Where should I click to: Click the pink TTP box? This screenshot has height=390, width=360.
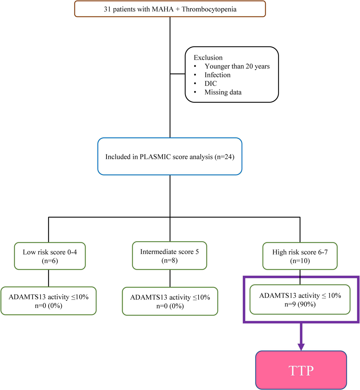(x=301, y=370)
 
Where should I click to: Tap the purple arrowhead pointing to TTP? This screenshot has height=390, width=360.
(x=301, y=347)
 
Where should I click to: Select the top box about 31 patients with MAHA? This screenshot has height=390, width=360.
(x=170, y=9)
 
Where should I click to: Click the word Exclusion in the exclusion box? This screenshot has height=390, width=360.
(x=208, y=58)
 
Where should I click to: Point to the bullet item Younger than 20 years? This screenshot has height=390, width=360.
(x=237, y=66)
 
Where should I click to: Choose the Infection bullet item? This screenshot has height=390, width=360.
(x=217, y=75)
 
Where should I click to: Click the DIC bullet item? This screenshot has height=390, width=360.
(x=211, y=84)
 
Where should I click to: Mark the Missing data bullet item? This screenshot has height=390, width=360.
(x=223, y=92)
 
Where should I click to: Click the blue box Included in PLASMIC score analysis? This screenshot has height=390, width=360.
(x=170, y=157)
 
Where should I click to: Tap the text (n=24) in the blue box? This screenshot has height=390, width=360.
(x=224, y=157)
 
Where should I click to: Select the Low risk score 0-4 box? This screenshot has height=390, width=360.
(x=50, y=256)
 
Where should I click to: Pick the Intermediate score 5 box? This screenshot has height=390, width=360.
(x=169, y=256)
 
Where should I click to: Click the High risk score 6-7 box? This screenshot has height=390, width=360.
(x=300, y=256)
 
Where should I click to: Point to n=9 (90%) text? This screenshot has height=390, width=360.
(x=300, y=304)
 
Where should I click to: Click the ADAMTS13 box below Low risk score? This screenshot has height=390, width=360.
(x=49, y=301)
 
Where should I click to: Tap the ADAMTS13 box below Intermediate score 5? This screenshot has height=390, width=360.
(x=170, y=301)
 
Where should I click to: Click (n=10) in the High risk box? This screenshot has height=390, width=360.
(x=300, y=261)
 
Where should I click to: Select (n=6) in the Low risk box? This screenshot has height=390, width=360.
(x=50, y=261)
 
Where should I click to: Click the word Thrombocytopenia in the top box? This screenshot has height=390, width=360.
(x=209, y=9)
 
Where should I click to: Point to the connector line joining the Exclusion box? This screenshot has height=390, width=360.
(x=178, y=74)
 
